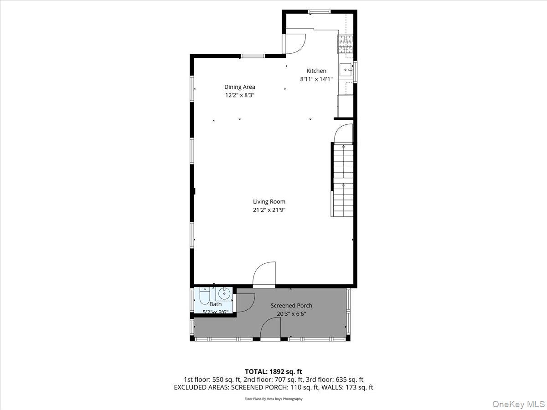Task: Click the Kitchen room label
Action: coord(316,71)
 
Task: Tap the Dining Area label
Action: coord(239,87)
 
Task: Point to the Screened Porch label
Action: coord(291,305)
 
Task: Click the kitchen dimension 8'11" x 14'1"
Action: coord(316,79)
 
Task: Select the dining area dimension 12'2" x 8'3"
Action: coord(239,95)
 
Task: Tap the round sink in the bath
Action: coord(224,293)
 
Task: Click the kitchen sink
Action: coord(346,70)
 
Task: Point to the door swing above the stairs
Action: coord(343,133)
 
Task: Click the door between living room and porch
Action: coord(264,275)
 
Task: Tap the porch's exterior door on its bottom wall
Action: coord(271,329)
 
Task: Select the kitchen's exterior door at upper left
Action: coord(294,43)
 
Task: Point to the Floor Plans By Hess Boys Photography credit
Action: coord(273,399)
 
